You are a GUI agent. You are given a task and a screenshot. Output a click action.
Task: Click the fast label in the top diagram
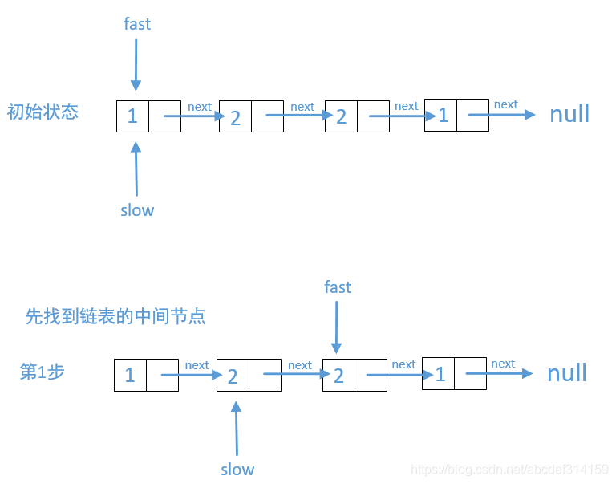tap(137, 24)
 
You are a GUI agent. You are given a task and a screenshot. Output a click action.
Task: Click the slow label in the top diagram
tap(137, 210)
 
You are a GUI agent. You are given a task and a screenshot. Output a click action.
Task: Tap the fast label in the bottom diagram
tap(338, 287)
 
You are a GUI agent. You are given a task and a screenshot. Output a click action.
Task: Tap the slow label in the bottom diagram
tap(237, 470)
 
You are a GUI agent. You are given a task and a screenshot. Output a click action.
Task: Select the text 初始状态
tap(43, 112)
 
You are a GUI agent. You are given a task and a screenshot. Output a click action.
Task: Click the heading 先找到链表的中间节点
tap(115, 316)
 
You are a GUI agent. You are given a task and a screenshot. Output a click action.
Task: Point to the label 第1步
tap(42, 372)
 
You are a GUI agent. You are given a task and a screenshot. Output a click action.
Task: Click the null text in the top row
tap(569, 114)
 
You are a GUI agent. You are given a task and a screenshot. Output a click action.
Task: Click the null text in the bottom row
tap(567, 373)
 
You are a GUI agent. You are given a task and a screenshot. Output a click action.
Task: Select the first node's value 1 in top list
tap(132, 116)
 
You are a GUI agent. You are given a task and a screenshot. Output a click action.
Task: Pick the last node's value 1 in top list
tap(443, 116)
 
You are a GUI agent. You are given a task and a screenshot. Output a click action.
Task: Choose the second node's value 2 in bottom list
tap(233, 376)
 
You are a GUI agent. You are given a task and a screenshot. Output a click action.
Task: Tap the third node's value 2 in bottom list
tap(338, 376)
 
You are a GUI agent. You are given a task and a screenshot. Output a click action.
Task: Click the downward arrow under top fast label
tap(136, 64)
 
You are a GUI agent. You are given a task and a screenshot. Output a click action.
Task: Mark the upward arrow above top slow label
tap(136, 169)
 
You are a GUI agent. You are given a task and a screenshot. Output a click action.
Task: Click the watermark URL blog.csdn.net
tap(509, 469)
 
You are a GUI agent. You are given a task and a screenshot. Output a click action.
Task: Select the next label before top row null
tap(505, 104)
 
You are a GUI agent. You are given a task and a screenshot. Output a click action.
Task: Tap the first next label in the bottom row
tap(197, 365)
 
